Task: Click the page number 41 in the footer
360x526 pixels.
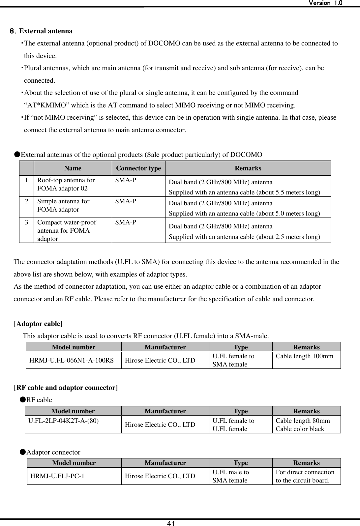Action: click(170, 523)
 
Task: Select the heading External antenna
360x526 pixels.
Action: click(46, 31)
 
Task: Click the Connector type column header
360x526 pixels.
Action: click(138, 168)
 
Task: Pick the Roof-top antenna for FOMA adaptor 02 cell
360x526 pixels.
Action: click(66, 185)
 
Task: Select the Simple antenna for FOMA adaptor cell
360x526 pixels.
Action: click(63, 205)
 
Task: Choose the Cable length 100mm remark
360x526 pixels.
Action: click(304, 356)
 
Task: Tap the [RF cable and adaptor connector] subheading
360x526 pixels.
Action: click(66, 388)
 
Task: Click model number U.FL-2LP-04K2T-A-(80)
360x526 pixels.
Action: click(63, 421)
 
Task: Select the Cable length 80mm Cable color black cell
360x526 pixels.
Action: click(302, 425)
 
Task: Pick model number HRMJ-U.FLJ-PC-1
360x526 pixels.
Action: click(57, 476)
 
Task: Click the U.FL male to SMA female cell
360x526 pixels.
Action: click(231, 476)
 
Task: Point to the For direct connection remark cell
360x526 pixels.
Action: click(305, 476)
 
